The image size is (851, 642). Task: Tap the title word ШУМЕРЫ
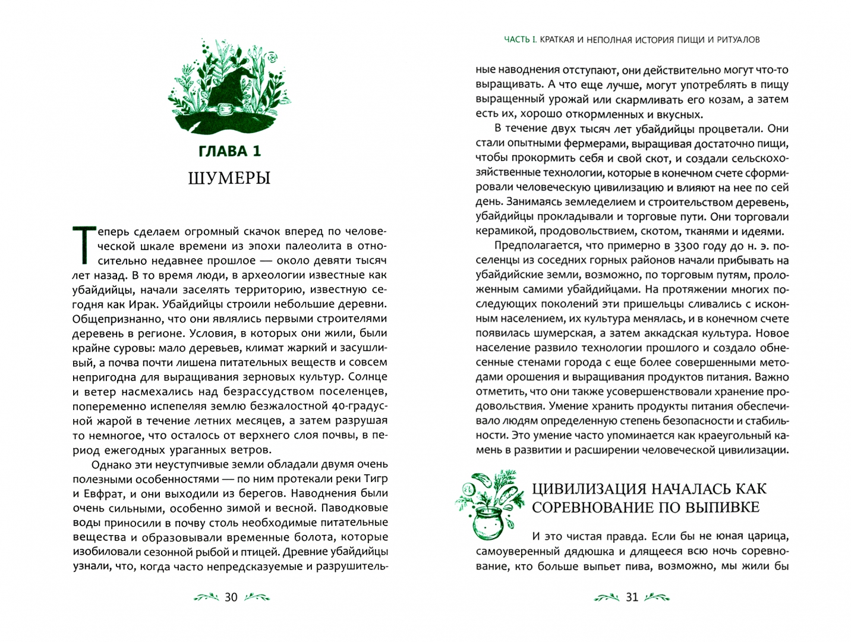point(229,178)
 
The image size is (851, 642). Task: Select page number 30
point(230,597)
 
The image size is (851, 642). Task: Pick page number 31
point(632,597)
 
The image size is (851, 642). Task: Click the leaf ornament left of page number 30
point(206,597)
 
